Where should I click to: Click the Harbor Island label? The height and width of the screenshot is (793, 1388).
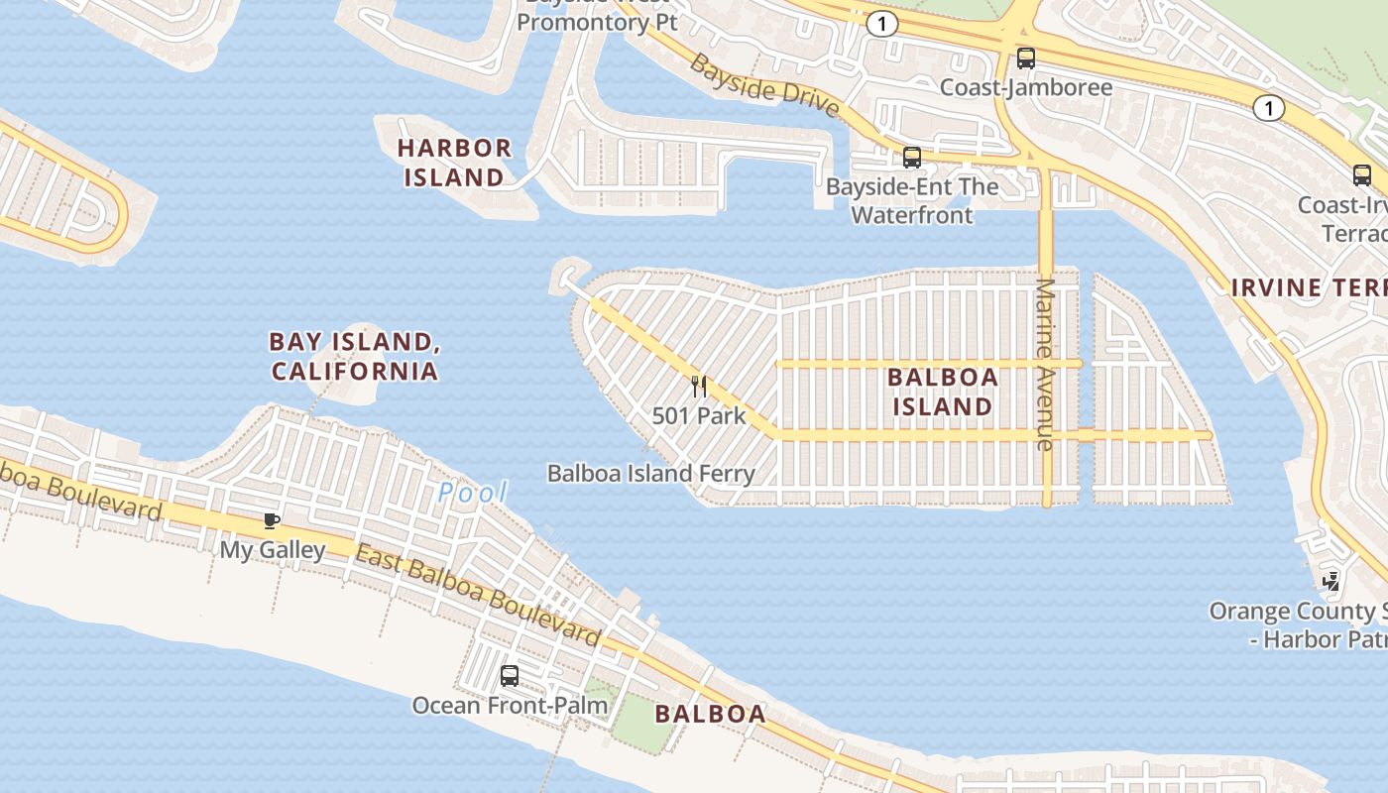pos(454,163)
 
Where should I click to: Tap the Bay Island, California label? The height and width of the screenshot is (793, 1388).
pos(354,356)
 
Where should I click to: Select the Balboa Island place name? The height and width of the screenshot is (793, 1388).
pos(942,392)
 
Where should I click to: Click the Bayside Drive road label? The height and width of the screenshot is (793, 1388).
pos(764,85)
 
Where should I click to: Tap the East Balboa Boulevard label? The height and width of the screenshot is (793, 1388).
pos(478,596)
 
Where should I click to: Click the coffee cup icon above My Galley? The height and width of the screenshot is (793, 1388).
pos(272,520)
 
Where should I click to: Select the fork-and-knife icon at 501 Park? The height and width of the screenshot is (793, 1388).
pos(699,386)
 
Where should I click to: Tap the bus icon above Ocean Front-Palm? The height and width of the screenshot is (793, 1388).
pos(510,676)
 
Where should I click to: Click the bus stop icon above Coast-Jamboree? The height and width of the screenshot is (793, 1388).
pos(1026,58)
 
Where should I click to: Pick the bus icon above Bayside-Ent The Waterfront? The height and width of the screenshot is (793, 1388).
pos(912,157)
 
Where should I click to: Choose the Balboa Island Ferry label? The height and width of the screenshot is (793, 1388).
pos(651,474)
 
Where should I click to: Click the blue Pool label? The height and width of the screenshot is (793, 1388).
pos(473,492)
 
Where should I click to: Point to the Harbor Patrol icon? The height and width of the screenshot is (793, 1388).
pos(1333,581)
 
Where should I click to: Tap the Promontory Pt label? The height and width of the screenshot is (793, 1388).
pos(597,21)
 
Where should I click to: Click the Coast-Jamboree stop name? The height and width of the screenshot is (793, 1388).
pos(1026,87)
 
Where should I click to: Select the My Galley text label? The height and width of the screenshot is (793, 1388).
pos(273,549)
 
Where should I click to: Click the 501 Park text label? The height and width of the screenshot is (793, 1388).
pos(699,415)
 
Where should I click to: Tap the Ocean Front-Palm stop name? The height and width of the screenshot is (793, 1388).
pos(510,705)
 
